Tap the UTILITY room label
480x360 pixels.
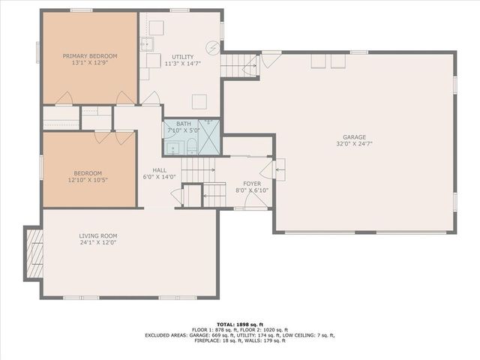pos(182,57)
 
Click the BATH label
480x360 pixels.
pos(184,124)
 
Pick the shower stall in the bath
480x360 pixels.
pos(209,137)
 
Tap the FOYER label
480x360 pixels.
pos(251,183)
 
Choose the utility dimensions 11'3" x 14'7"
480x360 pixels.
pos(182,64)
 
